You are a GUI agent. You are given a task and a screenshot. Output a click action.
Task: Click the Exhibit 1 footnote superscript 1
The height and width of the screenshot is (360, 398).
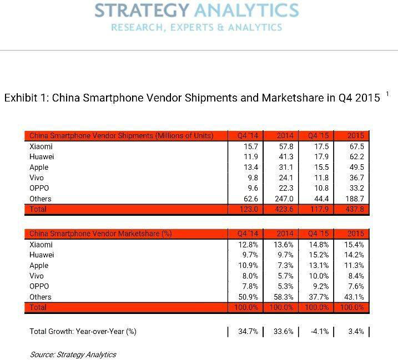tap(387, 94)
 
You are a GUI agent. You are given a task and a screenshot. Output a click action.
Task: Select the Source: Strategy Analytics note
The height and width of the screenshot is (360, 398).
tap(73, 354)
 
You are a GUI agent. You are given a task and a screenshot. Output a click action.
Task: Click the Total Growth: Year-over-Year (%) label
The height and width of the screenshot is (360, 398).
tap(83, 332)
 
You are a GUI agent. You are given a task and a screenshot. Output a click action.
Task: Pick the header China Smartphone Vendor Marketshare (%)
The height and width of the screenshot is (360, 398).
tap(100, 234)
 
